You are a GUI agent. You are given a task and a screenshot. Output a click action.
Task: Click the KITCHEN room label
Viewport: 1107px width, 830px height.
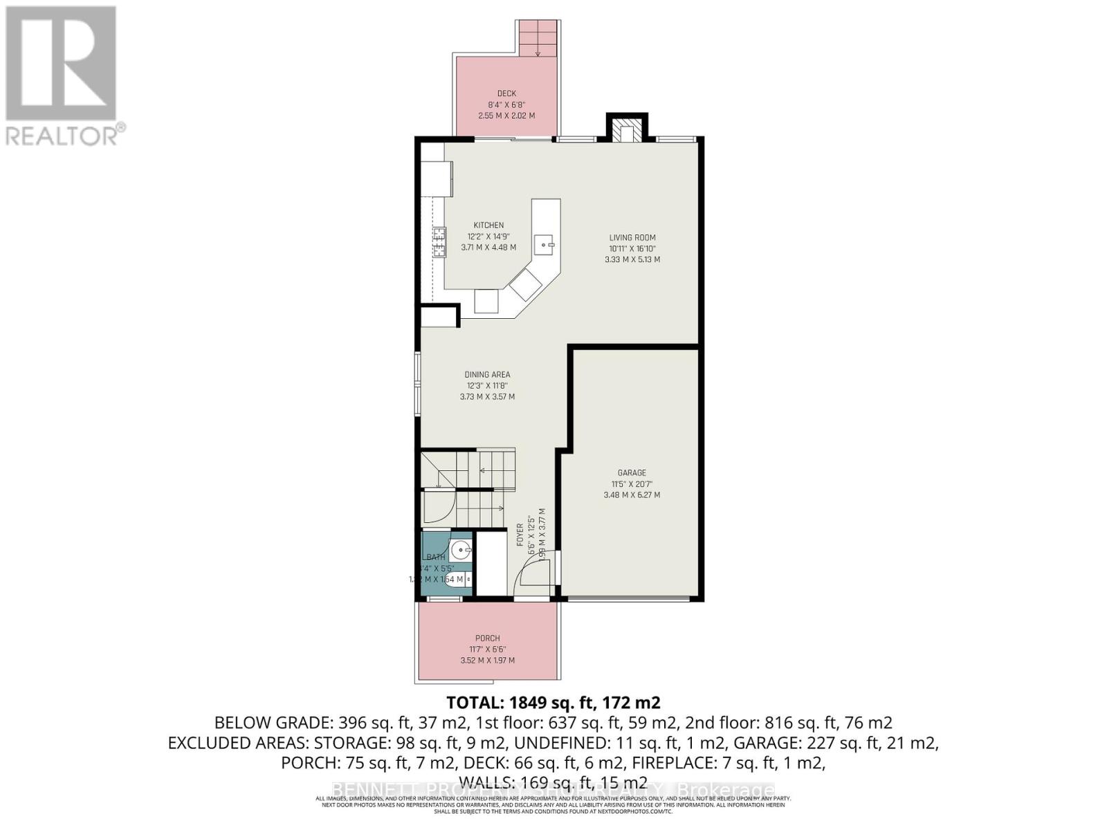click(488, 225)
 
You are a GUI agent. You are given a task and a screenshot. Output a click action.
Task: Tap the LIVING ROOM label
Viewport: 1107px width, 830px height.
click(632, 237)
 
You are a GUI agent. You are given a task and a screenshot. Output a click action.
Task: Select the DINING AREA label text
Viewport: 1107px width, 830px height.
click(487, 375)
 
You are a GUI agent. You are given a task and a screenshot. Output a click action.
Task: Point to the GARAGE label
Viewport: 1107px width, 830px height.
click(632, 473)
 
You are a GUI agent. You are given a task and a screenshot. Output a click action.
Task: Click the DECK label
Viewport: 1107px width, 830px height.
click(506, 93)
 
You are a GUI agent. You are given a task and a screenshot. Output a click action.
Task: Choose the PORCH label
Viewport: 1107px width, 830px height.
click(487, 638)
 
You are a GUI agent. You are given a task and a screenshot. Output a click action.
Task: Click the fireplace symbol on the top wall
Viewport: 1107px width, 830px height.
click(627, 131)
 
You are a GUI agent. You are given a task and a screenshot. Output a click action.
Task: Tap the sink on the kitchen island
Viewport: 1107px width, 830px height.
click(546, 243)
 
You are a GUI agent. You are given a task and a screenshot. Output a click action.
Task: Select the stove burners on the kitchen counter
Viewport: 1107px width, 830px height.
click(439, 242)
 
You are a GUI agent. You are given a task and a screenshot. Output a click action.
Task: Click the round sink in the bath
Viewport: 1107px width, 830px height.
click(460, 551)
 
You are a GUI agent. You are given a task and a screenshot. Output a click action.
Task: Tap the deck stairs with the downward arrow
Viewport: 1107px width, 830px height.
click(538, 39)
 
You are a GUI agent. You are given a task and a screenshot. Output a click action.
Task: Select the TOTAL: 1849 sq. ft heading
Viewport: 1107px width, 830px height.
click(553, 703)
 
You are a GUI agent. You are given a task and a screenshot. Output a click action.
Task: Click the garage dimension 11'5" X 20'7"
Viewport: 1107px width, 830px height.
click(632, 484)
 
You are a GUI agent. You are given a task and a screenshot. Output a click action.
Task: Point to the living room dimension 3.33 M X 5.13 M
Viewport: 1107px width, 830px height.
click(632, 259)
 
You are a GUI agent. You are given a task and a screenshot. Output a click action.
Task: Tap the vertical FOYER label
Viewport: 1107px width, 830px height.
click(520, 535)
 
